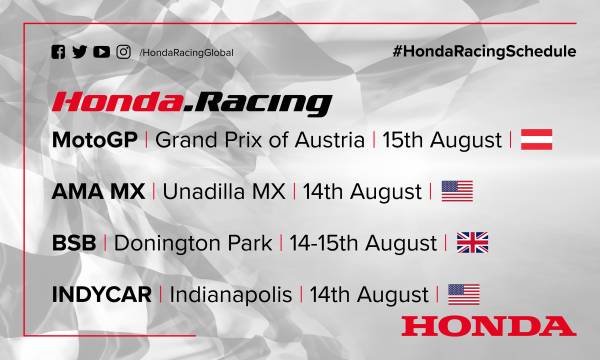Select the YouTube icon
[x=102, y=52]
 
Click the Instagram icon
[x=124, y=52]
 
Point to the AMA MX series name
[x=101, y=191]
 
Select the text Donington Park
[x=196, y=243]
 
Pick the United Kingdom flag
[x=471, y=243]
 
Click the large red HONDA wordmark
[x=485, y=325]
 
